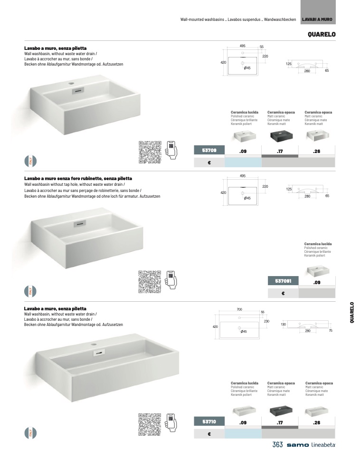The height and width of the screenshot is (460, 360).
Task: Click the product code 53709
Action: coord(209,151)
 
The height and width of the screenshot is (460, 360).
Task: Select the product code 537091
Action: coord(283,281)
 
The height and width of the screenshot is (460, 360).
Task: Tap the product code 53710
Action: coord(209,422)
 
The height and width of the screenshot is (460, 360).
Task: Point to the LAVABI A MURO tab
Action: coord(317,19)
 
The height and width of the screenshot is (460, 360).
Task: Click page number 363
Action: coord(278,445)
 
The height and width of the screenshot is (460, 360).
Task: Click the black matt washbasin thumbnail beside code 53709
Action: coord(280,136)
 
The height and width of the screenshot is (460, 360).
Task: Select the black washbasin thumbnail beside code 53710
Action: coord(280,410)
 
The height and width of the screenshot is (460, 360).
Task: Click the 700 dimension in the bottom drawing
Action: coord(239,309)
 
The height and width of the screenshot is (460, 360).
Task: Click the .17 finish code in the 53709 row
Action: coord(280,151)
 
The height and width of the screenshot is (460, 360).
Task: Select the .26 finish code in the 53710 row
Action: coord(317,422)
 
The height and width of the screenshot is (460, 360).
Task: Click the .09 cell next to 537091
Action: coord(317,282)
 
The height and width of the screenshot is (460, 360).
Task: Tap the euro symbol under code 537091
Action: coord(283,293)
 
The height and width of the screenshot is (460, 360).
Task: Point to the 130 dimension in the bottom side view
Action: coord(283,324)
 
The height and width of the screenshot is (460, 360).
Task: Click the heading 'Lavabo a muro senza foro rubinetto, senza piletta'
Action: coord(78,178)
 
